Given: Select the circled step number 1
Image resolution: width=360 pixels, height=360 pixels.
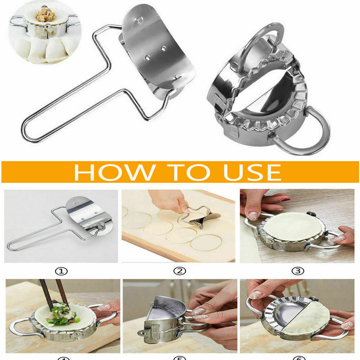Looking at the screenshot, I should coord(62,271).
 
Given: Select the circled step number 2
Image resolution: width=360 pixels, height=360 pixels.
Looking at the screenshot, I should coord(180,271).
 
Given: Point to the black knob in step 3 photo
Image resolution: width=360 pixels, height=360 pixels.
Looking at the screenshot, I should coord(310,214).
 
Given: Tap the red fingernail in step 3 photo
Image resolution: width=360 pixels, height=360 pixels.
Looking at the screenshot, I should coord(283,198).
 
